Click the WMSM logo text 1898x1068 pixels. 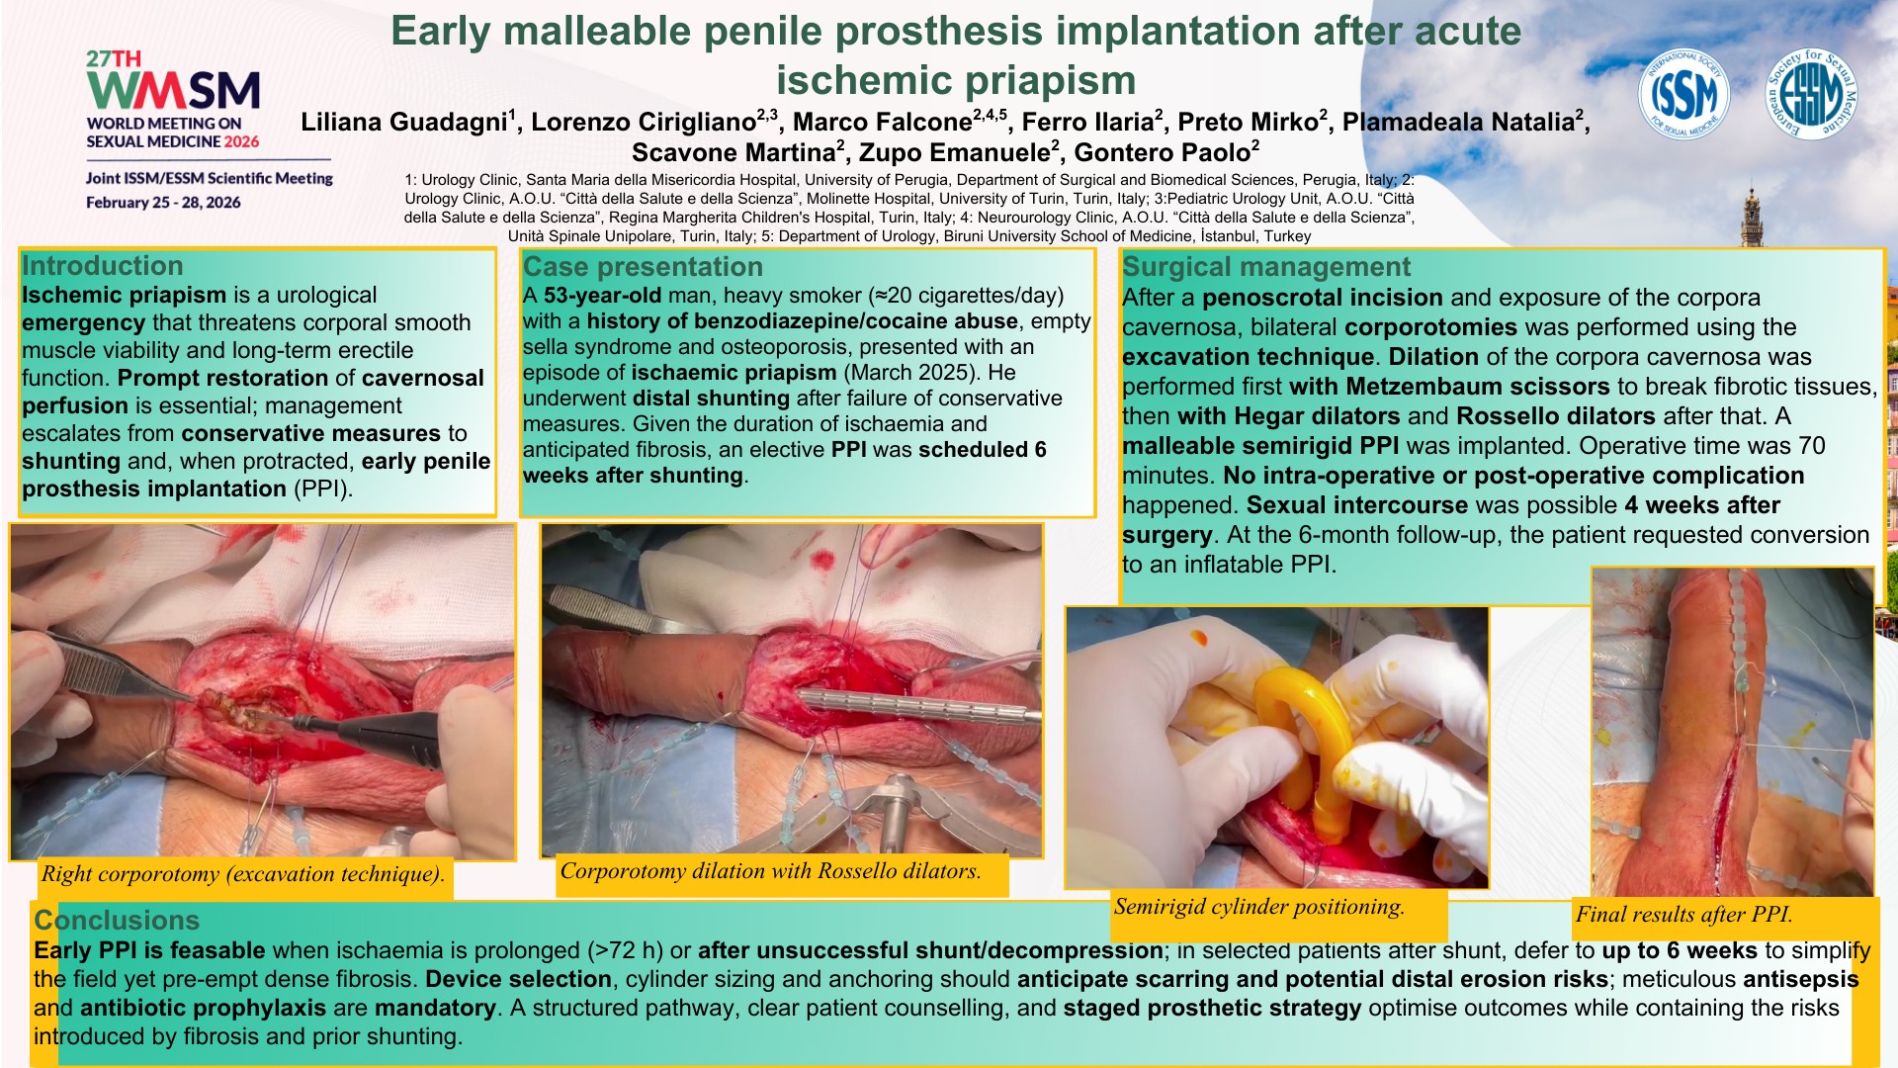[x=174, y=90]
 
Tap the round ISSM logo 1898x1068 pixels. [x=1683, y=95]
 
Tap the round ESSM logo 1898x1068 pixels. [x=1811, y=95]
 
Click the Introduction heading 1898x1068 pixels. [x=103, y=266]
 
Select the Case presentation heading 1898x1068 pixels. [x=643, y=267]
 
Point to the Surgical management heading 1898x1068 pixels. [x=1266, y=267]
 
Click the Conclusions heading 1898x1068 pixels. [x=117, y=921]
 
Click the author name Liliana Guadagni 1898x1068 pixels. [x=404, y=122]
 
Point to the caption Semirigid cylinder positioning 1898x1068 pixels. [x=1258, y=907]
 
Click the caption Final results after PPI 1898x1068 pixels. [x=1683, y=915]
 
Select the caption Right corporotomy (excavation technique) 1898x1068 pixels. [x=243, y=874]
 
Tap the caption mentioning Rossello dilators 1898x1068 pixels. [x=771, y=871]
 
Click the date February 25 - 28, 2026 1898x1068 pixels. [x=163, y=203]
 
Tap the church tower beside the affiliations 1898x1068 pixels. [x=1752, y=217]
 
